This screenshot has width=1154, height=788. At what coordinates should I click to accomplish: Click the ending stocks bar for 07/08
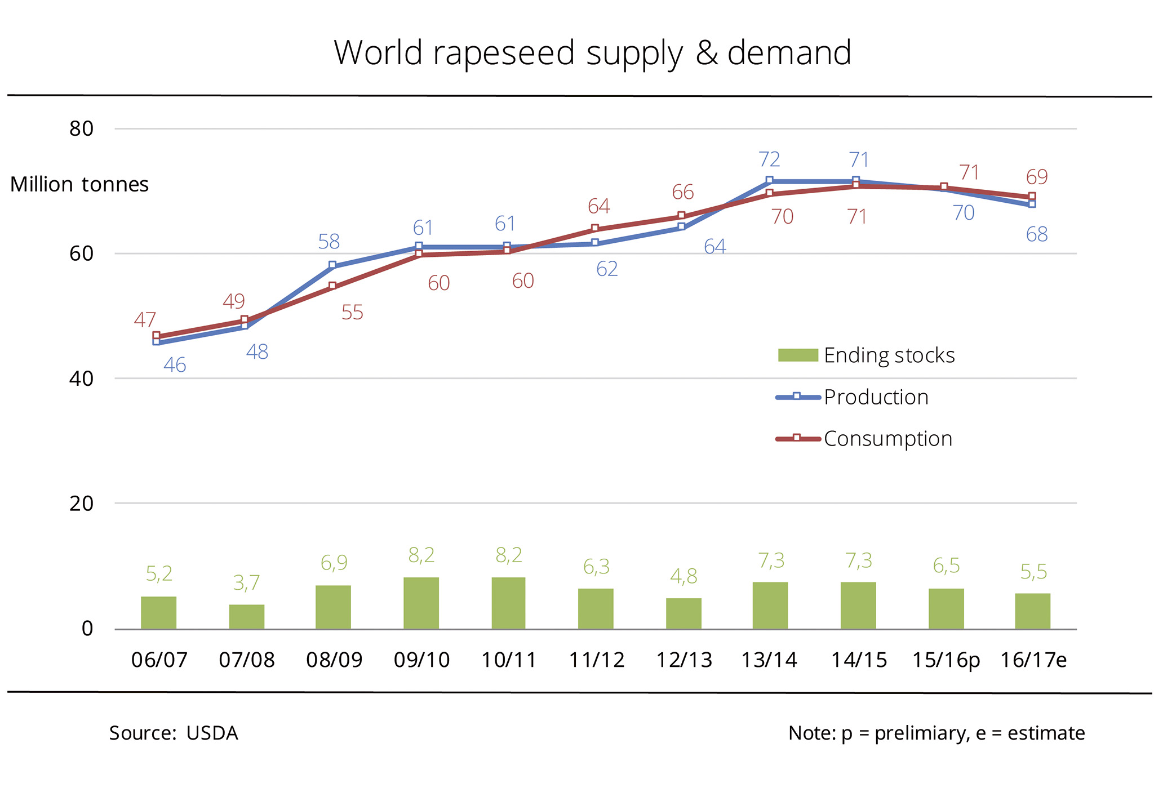pos(246,616)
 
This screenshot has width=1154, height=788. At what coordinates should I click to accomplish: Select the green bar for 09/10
pos(421,603)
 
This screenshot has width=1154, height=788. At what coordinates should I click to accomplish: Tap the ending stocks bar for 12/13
pos(683,613)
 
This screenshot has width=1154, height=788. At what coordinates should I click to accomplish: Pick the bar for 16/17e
pos(1032,611)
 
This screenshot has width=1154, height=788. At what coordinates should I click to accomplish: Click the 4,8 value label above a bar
pos(683,576)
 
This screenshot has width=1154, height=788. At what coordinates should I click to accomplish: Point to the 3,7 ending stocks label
pos(246,582)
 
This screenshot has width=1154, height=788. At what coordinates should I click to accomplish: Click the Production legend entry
pos(876,397)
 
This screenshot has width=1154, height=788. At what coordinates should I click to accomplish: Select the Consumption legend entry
pos(887,439)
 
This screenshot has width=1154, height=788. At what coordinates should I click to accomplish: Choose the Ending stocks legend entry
pos(889,355)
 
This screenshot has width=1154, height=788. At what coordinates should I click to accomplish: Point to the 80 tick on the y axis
pos(81,129)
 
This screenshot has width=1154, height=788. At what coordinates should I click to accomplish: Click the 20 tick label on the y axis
pos(81,504)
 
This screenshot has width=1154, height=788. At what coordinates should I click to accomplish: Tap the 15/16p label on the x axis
pos(946,660)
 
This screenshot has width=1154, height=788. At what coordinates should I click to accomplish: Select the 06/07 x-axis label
pos(159,660)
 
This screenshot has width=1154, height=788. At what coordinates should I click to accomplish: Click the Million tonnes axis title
pos(79,185)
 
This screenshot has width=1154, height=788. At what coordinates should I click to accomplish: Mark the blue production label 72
pos(769,160)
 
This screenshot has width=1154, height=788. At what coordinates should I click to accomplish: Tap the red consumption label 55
pos(352,313)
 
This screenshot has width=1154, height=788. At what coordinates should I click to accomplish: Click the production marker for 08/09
pos(332,265)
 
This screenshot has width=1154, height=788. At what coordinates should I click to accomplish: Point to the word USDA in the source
pos(212,733)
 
